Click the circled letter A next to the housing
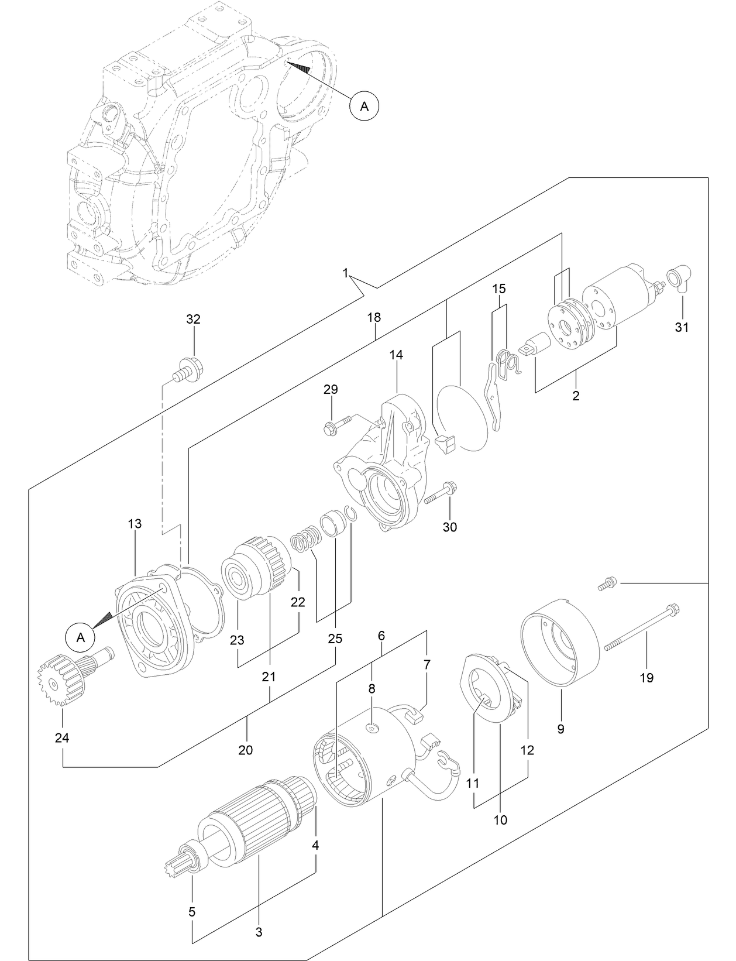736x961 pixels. click(x=364, y=106)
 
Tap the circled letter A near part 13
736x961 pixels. click(x=81, y=637)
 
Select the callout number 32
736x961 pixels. click(x=193, y=319)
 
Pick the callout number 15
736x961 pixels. click(x=498, y=289)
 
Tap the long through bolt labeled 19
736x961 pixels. click(x=641, y=627)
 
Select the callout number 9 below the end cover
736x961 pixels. click(x=560, y=729)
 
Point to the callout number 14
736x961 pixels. click(x=396, y=355)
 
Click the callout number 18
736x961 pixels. click(x=374, y=317)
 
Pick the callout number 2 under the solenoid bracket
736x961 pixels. click(x=576, y=396)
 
